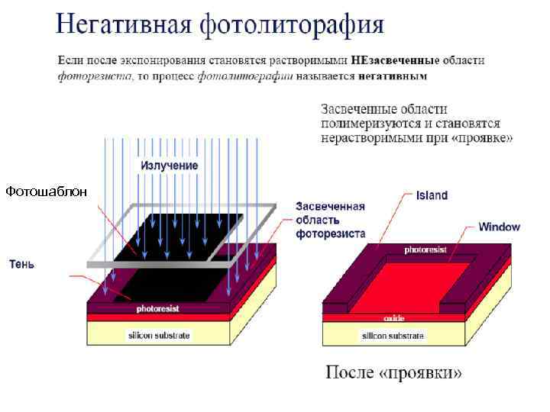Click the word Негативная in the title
coord(123,24)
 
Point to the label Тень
coord(21,264)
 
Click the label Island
coord(432,195)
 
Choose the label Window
coord(499,227)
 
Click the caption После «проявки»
coord(394,373)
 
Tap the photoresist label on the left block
coord(158,309)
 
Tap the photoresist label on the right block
coord(422,249)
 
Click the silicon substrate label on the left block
coord(159,335)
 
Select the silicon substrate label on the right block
coord(393,335)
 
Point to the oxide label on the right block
coord(393,317)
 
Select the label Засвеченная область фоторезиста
coord(330,220)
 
